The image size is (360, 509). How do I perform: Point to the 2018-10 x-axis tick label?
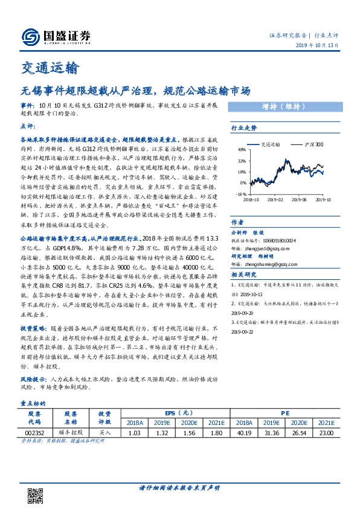coord(251,198)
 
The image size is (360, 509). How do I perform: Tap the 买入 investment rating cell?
coord(105,433)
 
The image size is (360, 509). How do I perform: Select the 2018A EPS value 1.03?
coord(135,433)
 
